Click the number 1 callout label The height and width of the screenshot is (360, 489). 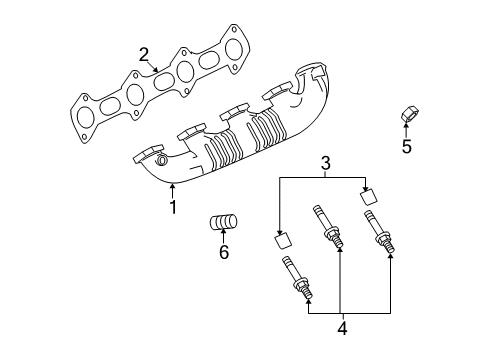point(172,208)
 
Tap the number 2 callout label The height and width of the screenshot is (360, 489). point(144,53)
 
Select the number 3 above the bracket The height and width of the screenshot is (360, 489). point(325,162)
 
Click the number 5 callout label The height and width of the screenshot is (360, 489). point(406,147)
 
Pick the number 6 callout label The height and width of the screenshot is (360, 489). point(223,252)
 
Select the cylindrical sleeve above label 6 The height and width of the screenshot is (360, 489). point(223,222)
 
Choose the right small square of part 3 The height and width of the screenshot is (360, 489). point(367,194)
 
